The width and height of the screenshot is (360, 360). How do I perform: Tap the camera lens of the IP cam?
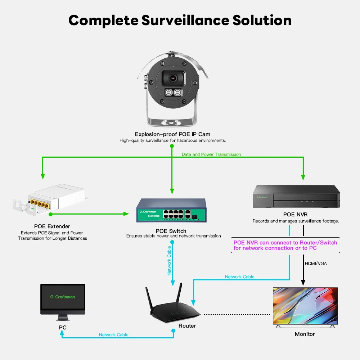point(172,78)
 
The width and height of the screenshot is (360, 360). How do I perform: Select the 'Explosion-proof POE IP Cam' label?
point(172,134)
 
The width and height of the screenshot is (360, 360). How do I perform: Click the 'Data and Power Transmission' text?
point(211,154)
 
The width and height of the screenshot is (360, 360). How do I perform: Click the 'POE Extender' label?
point(52,226)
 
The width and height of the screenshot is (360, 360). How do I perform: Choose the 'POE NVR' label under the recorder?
point(295,215)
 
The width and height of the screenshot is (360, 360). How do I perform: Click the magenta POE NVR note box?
point(285,245)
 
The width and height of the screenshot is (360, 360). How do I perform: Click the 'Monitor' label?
point(305,334)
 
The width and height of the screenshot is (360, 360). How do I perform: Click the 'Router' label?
point(187,326)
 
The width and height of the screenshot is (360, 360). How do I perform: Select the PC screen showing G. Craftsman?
point(63,297)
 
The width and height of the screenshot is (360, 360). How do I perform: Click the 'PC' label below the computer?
point(63,328)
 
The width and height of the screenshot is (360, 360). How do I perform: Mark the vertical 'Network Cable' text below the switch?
point(169,260)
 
